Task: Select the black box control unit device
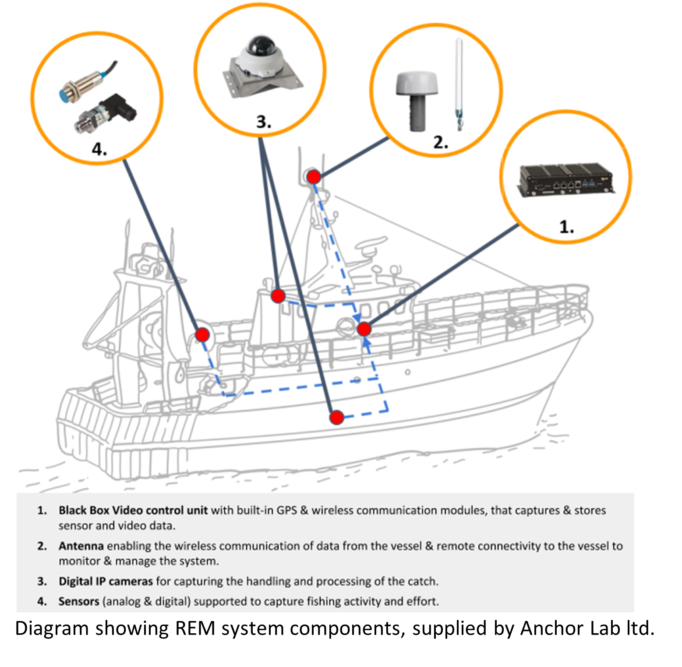565,180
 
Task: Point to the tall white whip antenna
458,83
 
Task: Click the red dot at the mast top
314,177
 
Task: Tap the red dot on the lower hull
336,418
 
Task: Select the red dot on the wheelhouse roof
278,296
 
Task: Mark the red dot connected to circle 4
202,335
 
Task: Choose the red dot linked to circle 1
364,329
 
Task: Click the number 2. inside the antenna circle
440,142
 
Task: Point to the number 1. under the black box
566,227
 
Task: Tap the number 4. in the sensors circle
99,149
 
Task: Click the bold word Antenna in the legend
81,546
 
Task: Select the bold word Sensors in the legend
79,601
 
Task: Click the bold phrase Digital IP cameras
106,581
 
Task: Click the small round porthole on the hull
407,372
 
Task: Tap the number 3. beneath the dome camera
263,122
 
